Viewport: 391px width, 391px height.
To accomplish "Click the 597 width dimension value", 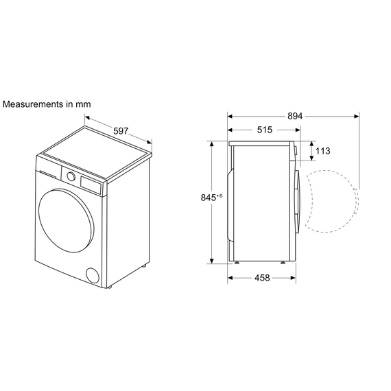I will pos(121,131).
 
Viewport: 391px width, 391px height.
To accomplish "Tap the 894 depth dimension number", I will pos(295,116).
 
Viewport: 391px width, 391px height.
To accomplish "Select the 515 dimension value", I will pos(265,130).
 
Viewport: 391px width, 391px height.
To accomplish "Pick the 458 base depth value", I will pos(261,278).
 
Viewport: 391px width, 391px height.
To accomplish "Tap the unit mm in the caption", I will pos(84,104).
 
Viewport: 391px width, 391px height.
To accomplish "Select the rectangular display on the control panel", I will pos(91,184).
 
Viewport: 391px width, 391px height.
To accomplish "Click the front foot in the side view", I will pos(284,262).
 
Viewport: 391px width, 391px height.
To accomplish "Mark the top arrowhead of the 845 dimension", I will pos(213,144).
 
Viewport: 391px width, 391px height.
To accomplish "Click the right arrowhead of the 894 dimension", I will pos(357,116).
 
